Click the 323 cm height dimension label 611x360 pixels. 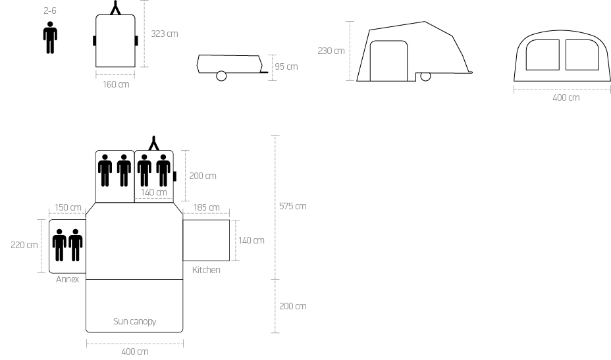pyautogui.click(x=165, y=34)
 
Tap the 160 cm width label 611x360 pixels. pyautogui.click(x=116, y=84)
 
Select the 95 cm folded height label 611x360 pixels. pyautogui.click(x=286, y=66)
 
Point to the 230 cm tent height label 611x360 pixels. pyautogui.click(x=331, y=51)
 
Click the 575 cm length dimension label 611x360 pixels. pyautogui.click(x=292, y=206)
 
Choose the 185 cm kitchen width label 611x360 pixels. pyautogui.click(x=206, y=207)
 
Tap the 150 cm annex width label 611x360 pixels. pyautogui.click(x=68, y=207)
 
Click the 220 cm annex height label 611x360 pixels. pyautogui.click(x=24, y=245)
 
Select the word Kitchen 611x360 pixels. pyautogui.click(x=206, y=270)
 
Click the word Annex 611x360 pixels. pyautogui.click(x=67, y=279)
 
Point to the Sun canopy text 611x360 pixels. pyautogui.click(x=134, y=321)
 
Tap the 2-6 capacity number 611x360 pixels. pyautogui.click(x=50, y=11)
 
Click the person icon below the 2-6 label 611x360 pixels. pyautogui.click(x=50, y=38)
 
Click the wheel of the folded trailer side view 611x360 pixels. pyautogui.click(x=221, y=76)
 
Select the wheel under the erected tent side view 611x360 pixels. pyautogui.click(x=425, y=76)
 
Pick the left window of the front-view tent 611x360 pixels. pyautogui.click(x=526, y=55)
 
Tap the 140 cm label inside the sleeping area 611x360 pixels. pyautogui.click(x=153, y=192)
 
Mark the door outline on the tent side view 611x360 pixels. pyautogui.click(x=370, y=59)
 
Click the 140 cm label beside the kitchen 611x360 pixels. pyautogui.click(x=252, y=240)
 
